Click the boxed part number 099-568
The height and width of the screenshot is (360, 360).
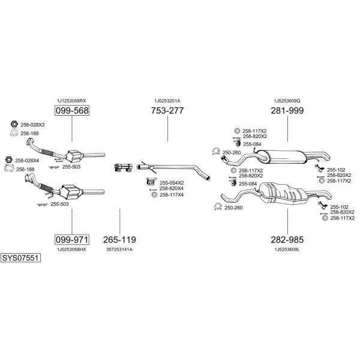[72, 110]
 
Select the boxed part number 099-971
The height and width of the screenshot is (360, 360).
[72, 239]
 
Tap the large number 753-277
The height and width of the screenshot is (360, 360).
[167, 110]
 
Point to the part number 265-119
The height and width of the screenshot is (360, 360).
[119, 239]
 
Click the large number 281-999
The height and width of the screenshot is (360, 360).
[287, 110]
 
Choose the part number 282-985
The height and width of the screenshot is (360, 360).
[287, 239]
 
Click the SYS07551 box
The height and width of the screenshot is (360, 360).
[20, 258]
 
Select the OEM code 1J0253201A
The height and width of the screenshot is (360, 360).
[167, 101]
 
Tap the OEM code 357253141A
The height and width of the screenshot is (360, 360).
[119, 250]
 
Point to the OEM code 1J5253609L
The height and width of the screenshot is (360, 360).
[287, 250]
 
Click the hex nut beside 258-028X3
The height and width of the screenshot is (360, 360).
[14, 124]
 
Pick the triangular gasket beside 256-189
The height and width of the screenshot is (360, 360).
[14, 133]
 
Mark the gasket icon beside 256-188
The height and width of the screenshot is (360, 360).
[9, 169]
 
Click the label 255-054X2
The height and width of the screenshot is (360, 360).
[172, 183]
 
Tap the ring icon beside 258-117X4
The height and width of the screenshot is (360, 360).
[155, 195]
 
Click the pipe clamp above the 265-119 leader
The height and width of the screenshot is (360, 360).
[123, 167]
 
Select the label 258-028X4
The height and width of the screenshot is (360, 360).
[27, 160]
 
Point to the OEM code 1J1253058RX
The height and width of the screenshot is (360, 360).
[71, 101]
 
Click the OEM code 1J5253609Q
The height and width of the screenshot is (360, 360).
[287, 101]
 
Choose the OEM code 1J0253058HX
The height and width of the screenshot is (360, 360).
[71, 250]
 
